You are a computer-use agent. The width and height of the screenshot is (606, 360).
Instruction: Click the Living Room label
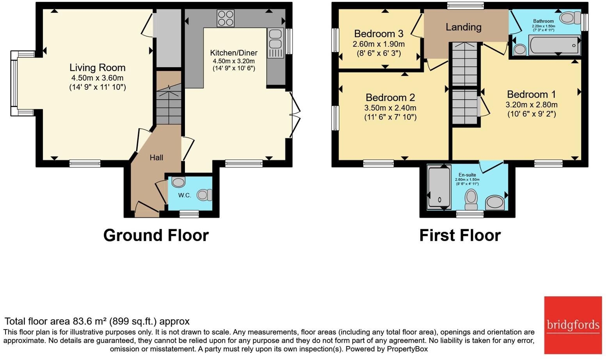pyautogui.click(x=98, y=68)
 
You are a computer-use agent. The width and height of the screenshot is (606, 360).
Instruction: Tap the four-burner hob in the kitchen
pyautogui.click(x=226, y=18)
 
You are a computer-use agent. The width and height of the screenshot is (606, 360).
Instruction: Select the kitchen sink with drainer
pyautogui.click(x=275, y=43)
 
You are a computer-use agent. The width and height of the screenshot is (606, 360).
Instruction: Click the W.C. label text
pyautogui.click(x=185, y=196)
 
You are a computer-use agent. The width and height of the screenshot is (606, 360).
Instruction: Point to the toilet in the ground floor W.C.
pyautogui.click(x=204, y=195)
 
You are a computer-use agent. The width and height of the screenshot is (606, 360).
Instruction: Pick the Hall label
pyautogui.click(x=156, y=157)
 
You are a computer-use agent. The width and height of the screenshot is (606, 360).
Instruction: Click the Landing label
pyautogui.click(x=464, y=27)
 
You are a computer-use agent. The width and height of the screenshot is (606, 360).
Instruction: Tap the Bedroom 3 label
pyautogui.click(x=379, y=34)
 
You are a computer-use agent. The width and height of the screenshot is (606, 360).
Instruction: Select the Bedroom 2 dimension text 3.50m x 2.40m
pyautogui.click(x=390, y=108)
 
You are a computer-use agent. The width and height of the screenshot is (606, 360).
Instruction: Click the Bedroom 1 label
pyautogui.click(x=531, y=94)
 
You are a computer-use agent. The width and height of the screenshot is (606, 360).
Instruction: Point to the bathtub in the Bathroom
pyautogui.click(x=553, y=45)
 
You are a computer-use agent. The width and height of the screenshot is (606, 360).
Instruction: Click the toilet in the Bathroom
pyautogui.click(x=570, y=18)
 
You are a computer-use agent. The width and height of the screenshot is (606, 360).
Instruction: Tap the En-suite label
pyautogui.click(x=467, y=175)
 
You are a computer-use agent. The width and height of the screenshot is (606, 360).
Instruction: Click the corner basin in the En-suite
pyautogui.click(x=495, y=203)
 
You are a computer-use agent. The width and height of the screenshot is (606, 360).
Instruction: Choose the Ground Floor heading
pyautogui.click(x=156, y=235)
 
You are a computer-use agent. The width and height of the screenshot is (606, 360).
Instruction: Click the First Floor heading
pyautogui.click(x=460, y=235)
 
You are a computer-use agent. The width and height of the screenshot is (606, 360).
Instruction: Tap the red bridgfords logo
pyautogui.click(x=573, y=325)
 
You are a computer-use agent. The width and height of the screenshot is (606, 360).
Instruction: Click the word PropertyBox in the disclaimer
pyautogui.click(x=407, y=349)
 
